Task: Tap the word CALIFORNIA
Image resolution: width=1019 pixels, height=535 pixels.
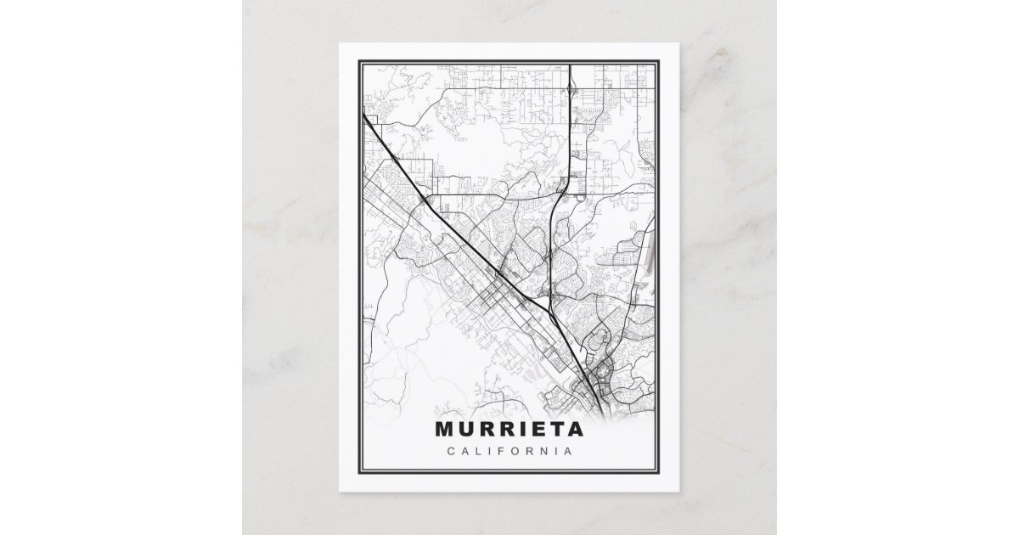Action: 509,451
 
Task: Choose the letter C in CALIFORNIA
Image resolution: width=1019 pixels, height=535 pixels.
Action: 450,451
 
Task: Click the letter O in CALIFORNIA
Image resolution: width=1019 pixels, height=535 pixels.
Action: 517,451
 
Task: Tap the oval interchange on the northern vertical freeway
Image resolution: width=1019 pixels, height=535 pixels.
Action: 572,85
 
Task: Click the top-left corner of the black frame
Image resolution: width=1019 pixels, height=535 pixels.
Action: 358,59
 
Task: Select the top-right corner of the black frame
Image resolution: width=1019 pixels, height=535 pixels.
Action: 661,59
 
